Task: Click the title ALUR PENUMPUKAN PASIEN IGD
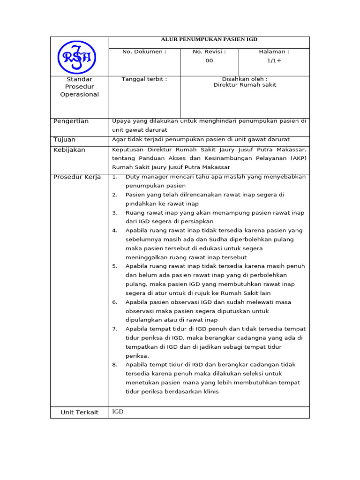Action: [209, 40]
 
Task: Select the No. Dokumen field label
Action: [144, 52]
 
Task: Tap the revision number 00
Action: [209, 60]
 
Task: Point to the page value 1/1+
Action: [274, 60]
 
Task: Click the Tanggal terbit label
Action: [144, 79]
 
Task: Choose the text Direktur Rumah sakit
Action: [245, 85]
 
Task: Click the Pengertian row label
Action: [71, 121]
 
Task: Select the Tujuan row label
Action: [64, 140]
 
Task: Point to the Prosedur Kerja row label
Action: [77, 177]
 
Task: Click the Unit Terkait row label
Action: [80, 412]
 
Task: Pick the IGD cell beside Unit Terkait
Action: [118, 412]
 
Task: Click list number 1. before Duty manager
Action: [115, 177]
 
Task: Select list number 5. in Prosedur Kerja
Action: [115, 266]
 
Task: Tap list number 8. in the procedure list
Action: [115, 364]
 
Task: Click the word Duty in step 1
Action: [133, 177]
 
